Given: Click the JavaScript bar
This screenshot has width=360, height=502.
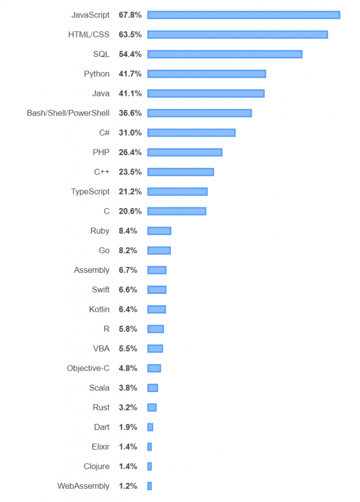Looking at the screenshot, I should click(x=243, y=15).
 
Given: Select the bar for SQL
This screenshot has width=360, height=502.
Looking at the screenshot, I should click(x=224, y=54).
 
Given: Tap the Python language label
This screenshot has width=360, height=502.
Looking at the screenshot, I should click(x=97, y=74).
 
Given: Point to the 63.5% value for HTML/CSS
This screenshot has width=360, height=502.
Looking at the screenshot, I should click(x=130, y=35).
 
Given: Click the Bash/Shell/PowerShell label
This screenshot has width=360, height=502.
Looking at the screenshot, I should click(x=68, y=113).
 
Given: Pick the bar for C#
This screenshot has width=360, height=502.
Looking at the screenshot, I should click(x=191, y=133).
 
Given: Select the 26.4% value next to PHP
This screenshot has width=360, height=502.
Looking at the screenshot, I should click(x=130, y=152).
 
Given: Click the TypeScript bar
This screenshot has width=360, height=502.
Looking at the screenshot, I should click(x=177, y=191).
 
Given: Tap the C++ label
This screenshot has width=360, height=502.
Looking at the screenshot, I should click(x=102, y=172).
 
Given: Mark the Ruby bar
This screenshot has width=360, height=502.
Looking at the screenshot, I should click(x=159, y=231).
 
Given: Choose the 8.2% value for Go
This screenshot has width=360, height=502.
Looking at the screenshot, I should click(x=128, y=250).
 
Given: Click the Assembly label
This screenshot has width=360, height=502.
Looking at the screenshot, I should click(x=92, y=270).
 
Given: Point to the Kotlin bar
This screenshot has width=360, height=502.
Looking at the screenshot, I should click(x=157, y=309).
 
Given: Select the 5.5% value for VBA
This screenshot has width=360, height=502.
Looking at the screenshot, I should click(x=128, y=349).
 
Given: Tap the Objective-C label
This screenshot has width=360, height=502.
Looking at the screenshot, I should click(x=88, y=368).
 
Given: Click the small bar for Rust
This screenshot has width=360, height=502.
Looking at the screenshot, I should click(x=152, y=407).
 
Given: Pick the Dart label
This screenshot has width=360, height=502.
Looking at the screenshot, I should click(x=102, y=427).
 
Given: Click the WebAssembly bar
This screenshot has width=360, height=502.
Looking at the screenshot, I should click(x=150, y=486).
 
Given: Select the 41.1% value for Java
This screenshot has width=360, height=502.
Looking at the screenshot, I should click(x=130, y=93).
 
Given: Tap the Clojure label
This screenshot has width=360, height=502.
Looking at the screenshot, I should click(x=97, y=466).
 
